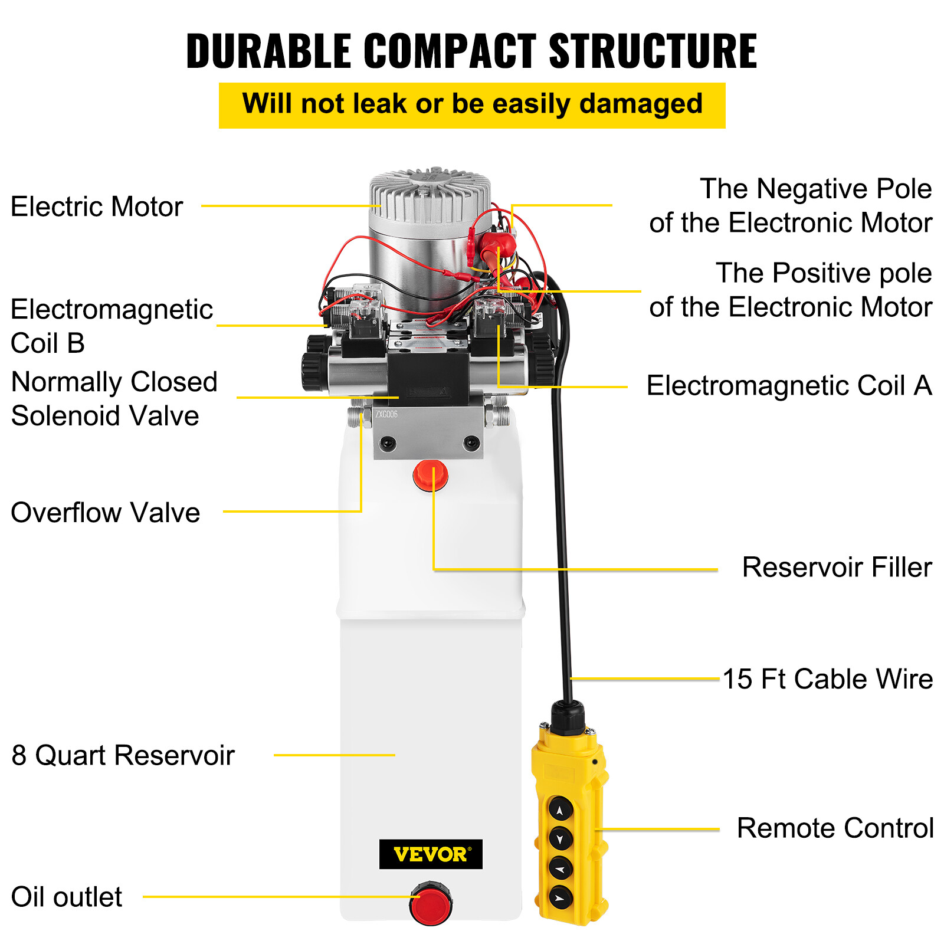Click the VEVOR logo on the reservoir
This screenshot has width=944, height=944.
pyautogui.click(x=430, y=854)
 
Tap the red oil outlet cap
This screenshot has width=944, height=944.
pyautogui.click(x=431, y=904)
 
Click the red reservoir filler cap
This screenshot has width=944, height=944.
pyautogui.click(x=430, y=476)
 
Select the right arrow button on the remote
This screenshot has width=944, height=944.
pyautogui.click(x=560, y=897)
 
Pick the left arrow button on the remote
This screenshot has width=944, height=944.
pyautogui.click(x=560, y=868)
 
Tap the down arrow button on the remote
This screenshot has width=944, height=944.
pyautogui.click(x=560, y=838)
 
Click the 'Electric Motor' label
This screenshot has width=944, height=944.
pyautogui.click(x=97, y=207)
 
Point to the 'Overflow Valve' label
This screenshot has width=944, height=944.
pyautogui.click(x=106, y=512)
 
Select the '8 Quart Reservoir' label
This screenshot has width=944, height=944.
pyautogui.click(x=123, y=755)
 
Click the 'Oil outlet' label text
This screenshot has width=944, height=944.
pyautogui.click(x=67, y=897)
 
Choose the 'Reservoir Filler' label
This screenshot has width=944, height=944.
pyautogui.click(x=837, y=567)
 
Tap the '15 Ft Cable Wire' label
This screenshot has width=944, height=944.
pyautogui.click(x=828, y=679)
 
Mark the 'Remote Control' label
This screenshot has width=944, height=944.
pyautogui.click(x=835, y=828)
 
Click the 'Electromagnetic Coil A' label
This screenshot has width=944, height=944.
pyautogui.click(x=789, y=386)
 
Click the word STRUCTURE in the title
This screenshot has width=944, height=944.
pyautogui.click(x=653, y=51)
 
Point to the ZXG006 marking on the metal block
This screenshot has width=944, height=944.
pyautogui.click(x=386, y=414)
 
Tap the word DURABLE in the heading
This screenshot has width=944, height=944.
pyautogui.click(x=269, y=51)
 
